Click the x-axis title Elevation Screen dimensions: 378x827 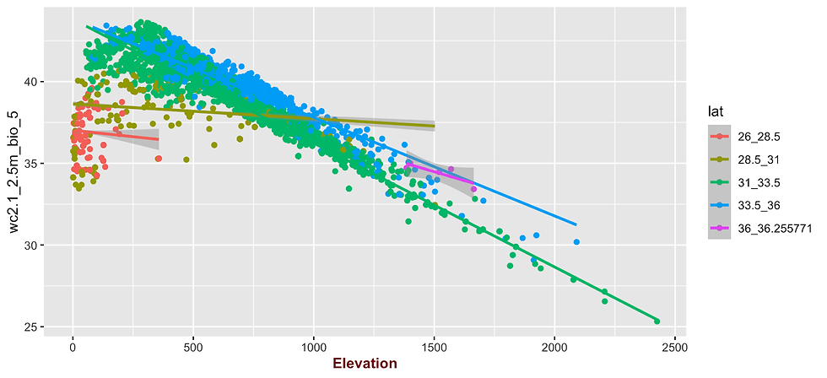click(x=365, y=364)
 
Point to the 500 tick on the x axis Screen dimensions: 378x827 click(x=193, y=346)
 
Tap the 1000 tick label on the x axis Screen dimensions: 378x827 click(x=314, y=346)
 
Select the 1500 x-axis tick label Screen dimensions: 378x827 click(x=434, y=346)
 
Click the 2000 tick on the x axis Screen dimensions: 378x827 click(x=554, y=346)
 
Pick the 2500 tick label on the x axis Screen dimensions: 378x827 click(x=675, y=346)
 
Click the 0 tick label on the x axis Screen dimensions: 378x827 click(x=73, y=346)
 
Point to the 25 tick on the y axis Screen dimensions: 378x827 click(x=29, y=327)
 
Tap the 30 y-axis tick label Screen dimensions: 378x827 click(x=29, y=245)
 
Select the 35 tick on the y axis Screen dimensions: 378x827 click(x=29, y=163)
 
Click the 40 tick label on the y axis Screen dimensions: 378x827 click(x=29, y=82)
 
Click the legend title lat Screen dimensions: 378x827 click(x=715, y=111)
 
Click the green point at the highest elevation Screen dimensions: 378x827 click(x=657, y=321)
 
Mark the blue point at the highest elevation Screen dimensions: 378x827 click(x=576, y=242)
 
